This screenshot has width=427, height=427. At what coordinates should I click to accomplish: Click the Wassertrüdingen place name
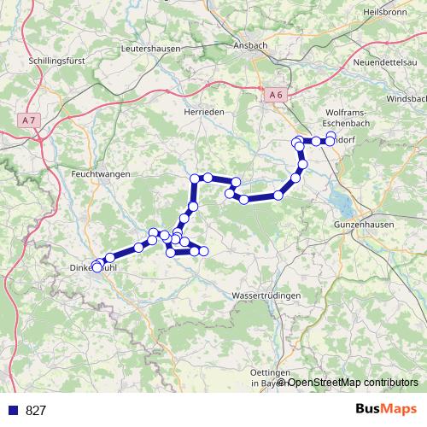(266, 295)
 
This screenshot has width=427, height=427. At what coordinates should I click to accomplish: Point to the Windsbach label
(407, 100)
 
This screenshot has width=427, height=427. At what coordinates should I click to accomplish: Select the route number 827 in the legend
(36, 410)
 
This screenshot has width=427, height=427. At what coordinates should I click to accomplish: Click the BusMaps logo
(386, 409)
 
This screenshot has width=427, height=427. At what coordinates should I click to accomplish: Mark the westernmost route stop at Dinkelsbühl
(97, 267)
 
